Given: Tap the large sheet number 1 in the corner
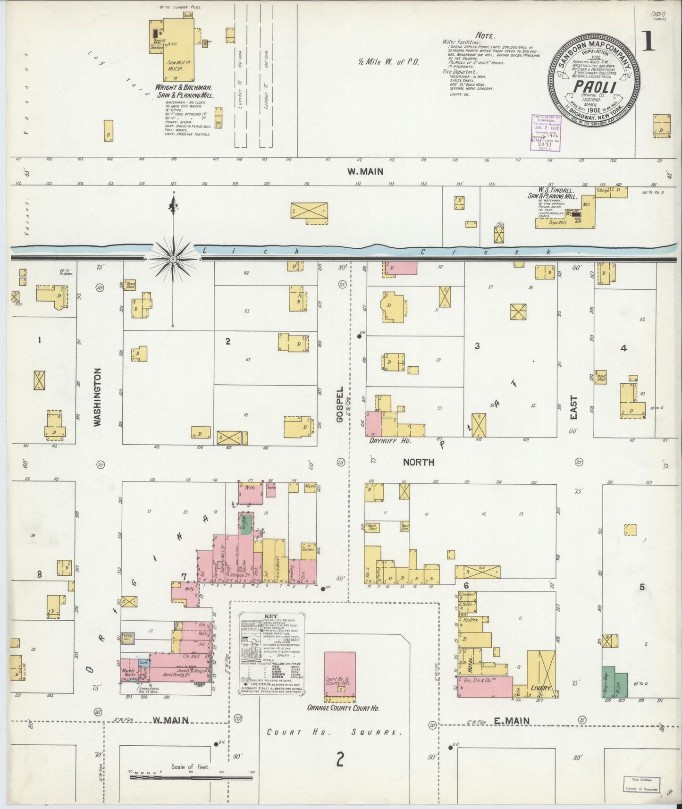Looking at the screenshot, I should pos(648,42).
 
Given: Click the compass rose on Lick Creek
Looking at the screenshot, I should pos(173,259).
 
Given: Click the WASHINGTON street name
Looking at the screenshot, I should pos(98,397).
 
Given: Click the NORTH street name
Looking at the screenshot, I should pos(418,463).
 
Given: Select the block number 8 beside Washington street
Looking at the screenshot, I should pos(40,574).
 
